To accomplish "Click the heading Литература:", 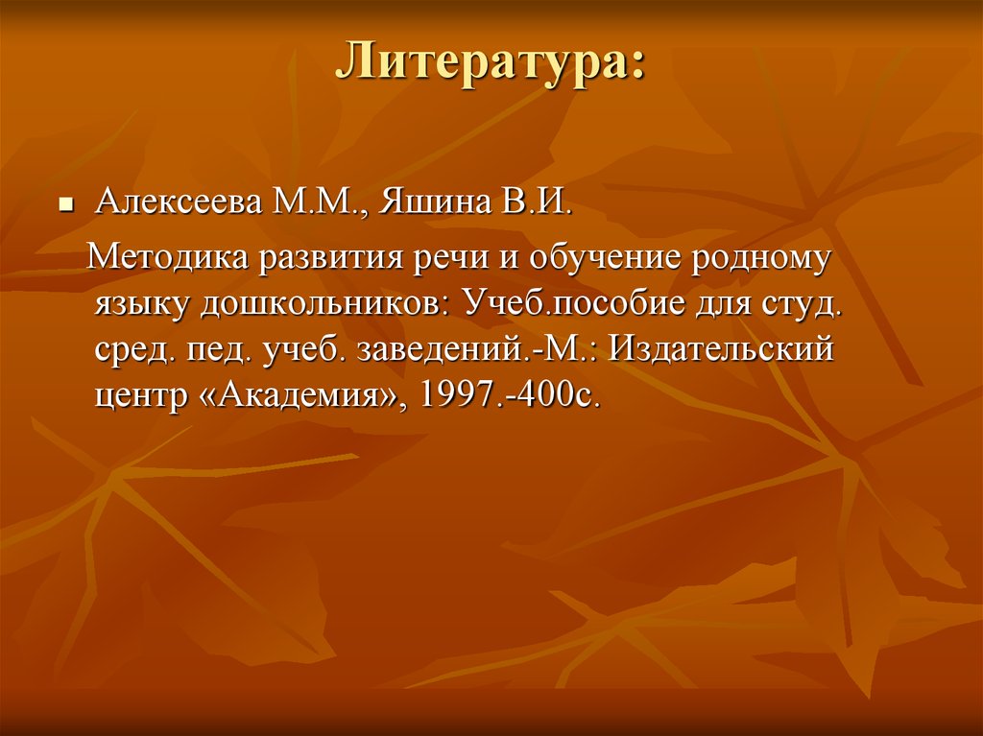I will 490,64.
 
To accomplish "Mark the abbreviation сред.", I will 133,351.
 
